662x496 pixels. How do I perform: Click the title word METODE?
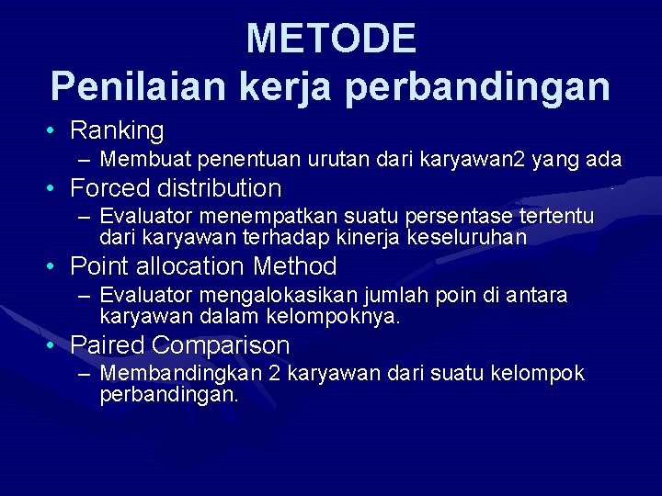coord(331,39)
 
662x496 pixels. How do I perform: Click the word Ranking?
coord(117,131)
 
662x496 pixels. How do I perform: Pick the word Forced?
coord(110,189)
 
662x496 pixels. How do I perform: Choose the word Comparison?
coord(221,346)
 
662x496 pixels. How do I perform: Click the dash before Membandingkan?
coord(85,375)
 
